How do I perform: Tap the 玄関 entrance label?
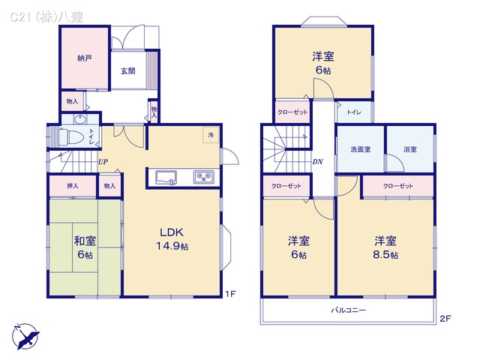[127, 71]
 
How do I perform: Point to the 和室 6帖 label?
[84, 247]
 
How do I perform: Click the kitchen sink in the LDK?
[166, 178]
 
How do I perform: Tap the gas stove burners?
[204, 178]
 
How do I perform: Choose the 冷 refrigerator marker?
[211, 135]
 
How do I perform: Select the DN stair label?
[317, 160]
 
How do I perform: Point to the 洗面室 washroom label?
[361, 149]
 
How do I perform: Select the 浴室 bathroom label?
[409, 149]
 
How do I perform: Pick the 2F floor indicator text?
[445, 319]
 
